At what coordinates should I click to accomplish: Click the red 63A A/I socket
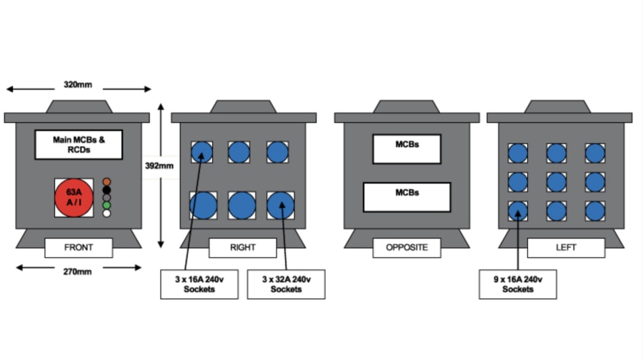click(74, 198)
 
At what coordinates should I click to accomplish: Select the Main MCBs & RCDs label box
click(79, 145)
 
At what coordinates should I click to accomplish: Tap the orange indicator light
click(106, 182)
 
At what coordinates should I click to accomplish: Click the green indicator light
click(106, 206)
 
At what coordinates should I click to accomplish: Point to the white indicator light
click(106, 214)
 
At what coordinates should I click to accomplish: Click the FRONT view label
click(79, 248)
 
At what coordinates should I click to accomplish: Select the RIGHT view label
click(242, 248)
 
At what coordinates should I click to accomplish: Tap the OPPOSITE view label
click(407, 248)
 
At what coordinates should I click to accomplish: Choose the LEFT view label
click(566, 248)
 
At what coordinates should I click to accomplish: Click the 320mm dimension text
click(78, 84)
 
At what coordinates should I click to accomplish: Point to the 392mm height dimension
click(159, 166)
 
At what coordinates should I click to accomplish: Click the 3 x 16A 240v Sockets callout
click(199, 284)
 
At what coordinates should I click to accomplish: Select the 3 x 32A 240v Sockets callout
click(286, 284)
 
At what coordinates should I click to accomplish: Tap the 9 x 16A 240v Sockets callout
click(518, 284)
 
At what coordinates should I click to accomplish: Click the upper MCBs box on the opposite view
click(407, 149)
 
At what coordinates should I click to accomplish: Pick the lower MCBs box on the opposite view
click(407, 197)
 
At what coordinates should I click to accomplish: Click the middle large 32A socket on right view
click(242, 206)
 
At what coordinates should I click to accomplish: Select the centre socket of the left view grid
click(556, 181)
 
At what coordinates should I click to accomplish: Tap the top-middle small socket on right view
click(239, 151)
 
